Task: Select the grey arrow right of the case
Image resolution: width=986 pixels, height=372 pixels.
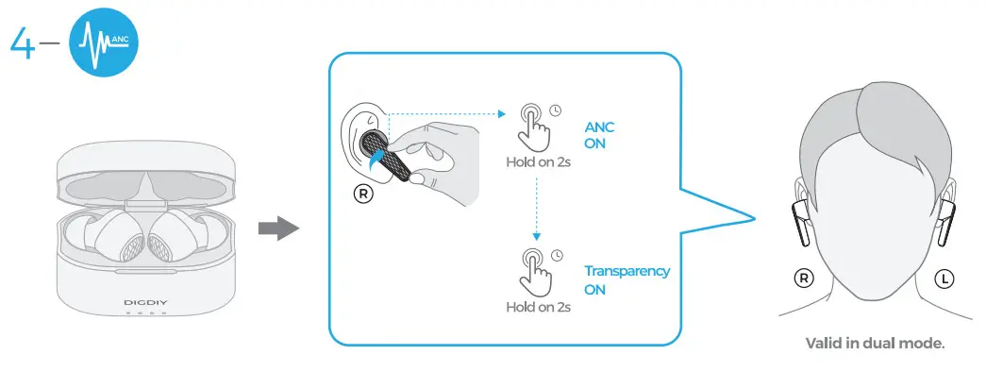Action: (278, 229)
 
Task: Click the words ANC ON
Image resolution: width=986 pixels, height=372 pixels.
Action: (600, 136)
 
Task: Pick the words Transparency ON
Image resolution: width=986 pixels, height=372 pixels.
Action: (626, 279)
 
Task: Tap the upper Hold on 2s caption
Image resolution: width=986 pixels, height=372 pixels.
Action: (538, 161)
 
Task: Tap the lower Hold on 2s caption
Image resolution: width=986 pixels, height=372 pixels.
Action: (538, 307)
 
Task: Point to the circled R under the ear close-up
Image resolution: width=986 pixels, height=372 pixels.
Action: (362, 194)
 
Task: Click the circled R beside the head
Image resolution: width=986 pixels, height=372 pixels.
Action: (803, 278)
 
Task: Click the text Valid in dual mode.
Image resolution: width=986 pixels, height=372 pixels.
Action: (874, 343)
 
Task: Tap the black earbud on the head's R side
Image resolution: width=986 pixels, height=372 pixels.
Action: (800, 221)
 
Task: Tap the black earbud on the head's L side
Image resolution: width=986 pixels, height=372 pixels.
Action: (945, 221)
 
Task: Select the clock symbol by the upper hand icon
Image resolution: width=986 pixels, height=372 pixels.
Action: (556, 110)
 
